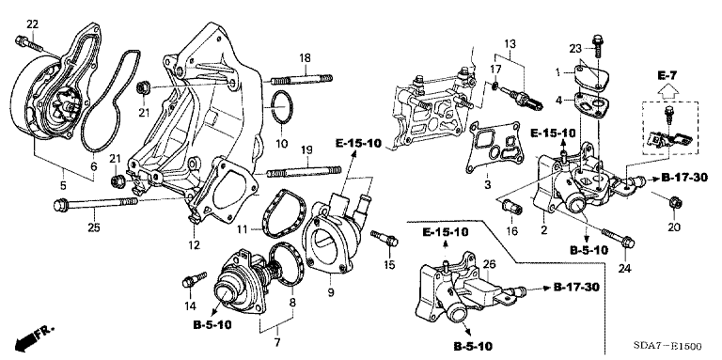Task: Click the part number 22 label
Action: coord(32,24)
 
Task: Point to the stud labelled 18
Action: coord(301,80)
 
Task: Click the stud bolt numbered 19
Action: coord(305,172)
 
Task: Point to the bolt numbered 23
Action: coord(598,45)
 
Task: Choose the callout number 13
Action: coord(510,45)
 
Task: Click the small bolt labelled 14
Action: coord(194,280)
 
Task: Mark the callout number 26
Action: coord(490,264)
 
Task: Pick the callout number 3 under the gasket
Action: coord(487,185)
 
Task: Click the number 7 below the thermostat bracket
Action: coord(277,343)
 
